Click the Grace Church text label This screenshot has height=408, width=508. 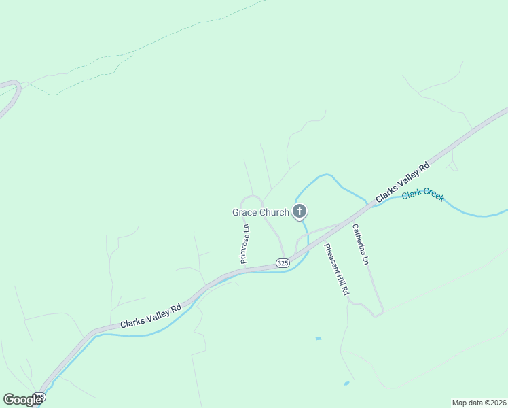[x=261, y=212]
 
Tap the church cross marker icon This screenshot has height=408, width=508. [x=299, y=211]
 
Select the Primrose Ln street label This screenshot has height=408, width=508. [x=246, y=243]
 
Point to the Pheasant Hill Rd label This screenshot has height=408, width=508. [x=336, y=269]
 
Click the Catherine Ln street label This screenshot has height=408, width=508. [x=361, y=245]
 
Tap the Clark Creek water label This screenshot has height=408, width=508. [x=422, y=195]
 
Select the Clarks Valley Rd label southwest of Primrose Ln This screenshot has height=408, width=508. [x=151, y=316]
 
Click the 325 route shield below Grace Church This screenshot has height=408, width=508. [x=283, y=262]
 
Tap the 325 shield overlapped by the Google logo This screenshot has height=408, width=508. [x=40, y=396]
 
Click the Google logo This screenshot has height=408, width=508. [x=22, y=400]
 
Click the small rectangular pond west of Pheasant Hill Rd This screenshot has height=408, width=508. [x=318, y=338]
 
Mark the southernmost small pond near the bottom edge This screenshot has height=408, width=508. [x=346, y=384]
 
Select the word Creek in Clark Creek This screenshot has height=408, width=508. [x=433, y=197]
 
